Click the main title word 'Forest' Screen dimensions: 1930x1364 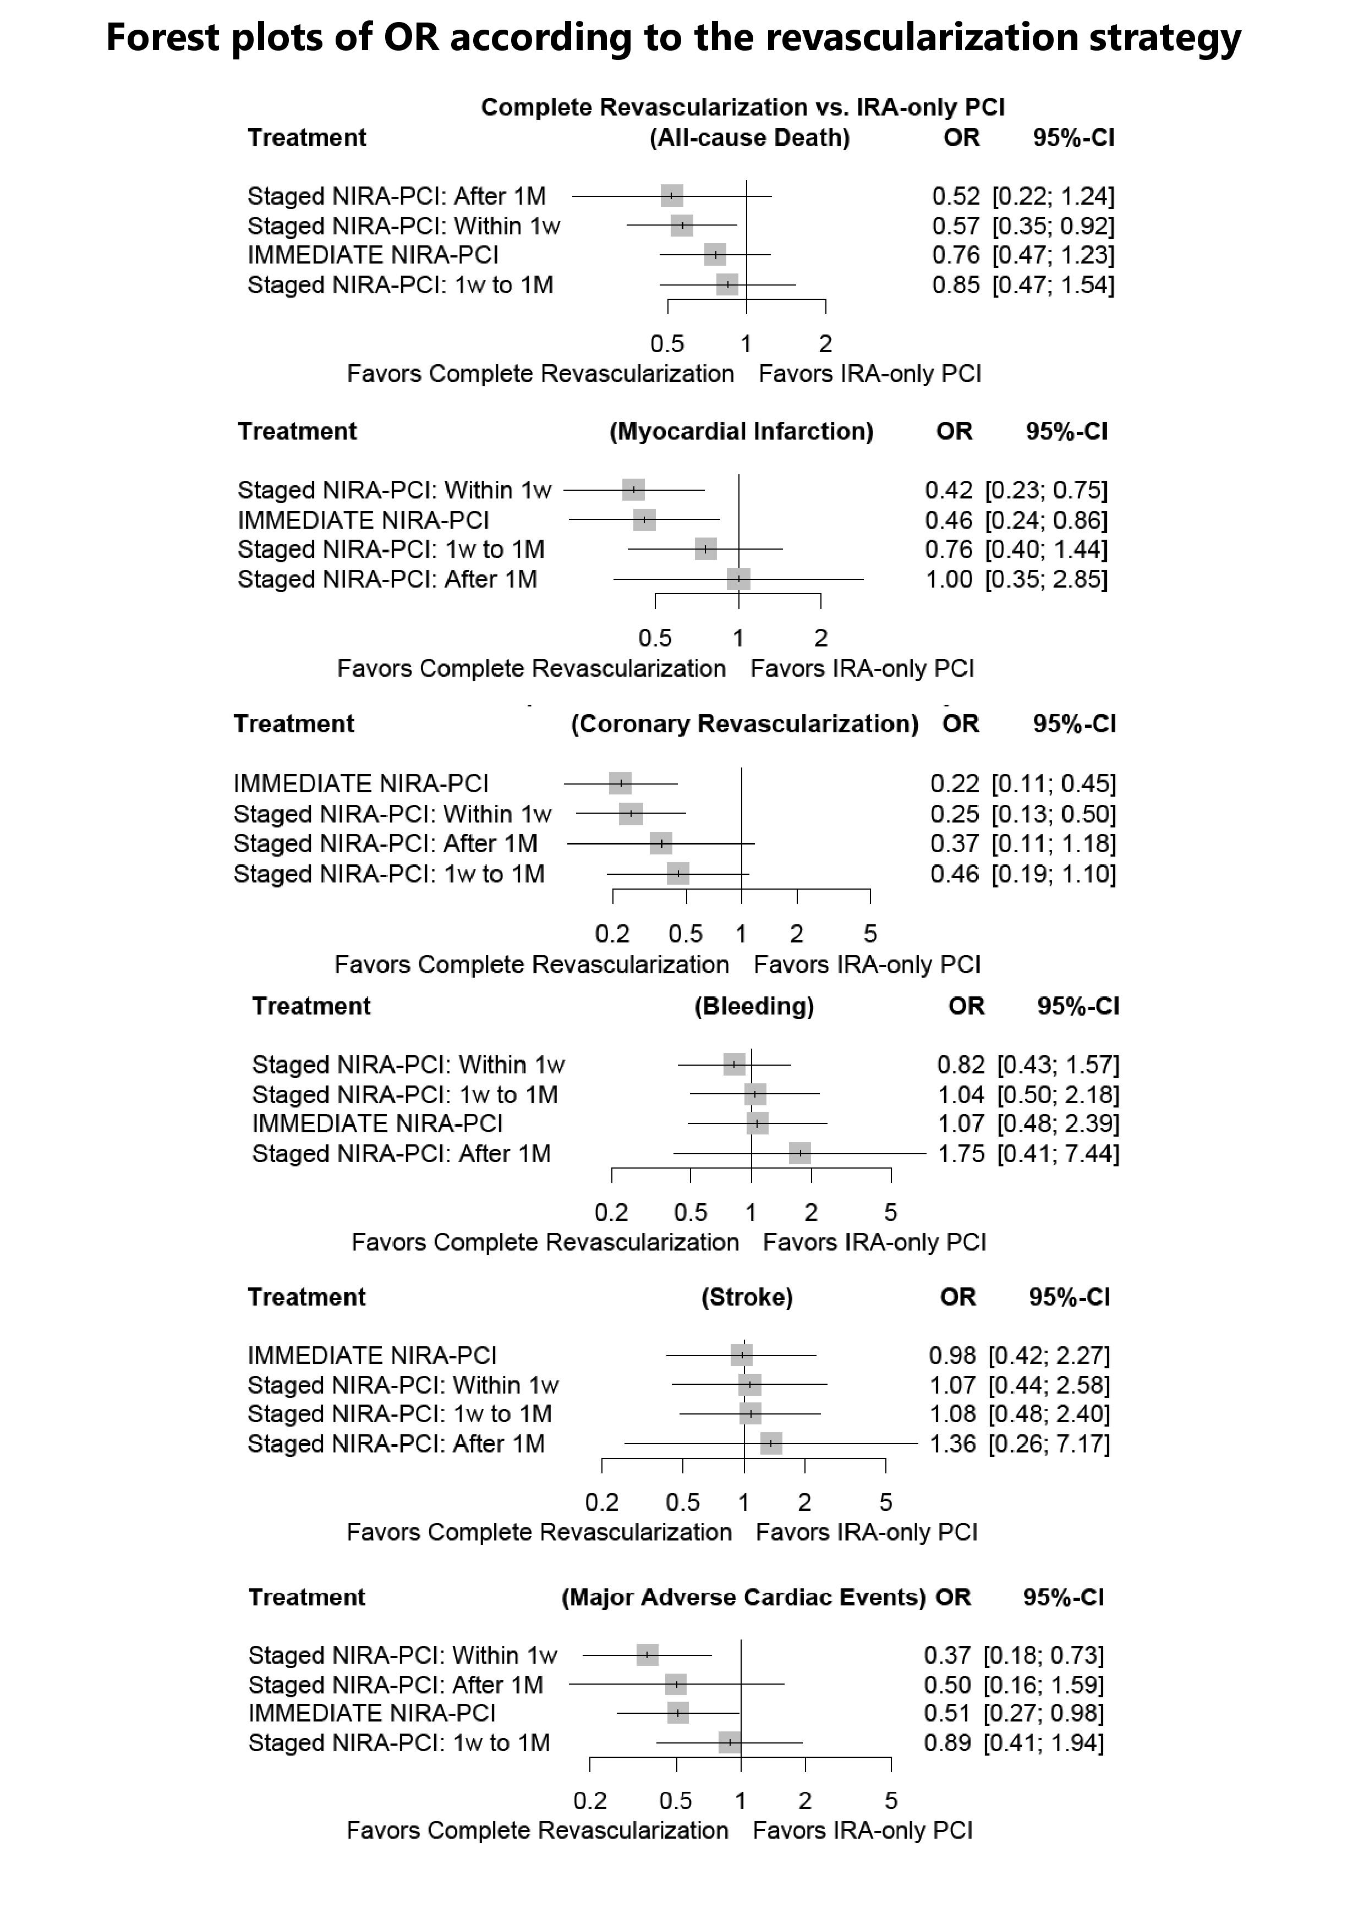(x=163, y=39)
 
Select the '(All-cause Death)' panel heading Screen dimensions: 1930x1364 (x=749, y=138)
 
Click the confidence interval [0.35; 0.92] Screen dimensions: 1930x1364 (x=1053, y=226)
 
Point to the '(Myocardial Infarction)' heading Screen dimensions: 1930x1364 (x=741, y=432)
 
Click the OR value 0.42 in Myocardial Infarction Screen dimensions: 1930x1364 (x=949, y=490)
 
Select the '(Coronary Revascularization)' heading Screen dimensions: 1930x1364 (x=744, y=725)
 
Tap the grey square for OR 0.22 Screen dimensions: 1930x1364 (x=620, y=783)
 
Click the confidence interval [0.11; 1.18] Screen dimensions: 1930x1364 (x=1054, y=844)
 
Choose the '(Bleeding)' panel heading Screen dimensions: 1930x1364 (x=754, y=1006)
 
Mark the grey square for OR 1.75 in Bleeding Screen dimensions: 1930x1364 (x=800, y=1153)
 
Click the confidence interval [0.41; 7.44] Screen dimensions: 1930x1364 (x=1058, y=1153)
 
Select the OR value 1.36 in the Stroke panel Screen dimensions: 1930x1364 (x=952, y=1444)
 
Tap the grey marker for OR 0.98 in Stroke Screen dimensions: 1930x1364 (x=741, y=1356)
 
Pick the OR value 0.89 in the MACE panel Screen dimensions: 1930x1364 (x=947, y=1743)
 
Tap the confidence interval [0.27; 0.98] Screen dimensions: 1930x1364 (x=1044, y=1713)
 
